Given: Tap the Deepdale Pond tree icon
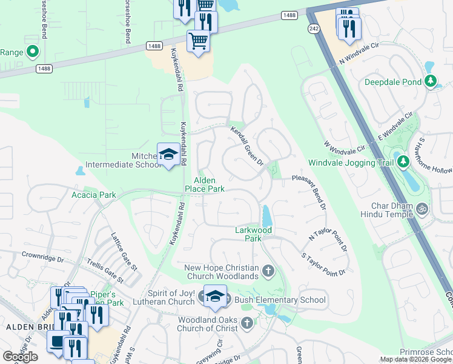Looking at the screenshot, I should pos(431,81).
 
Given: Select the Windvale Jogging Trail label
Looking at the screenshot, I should pos(350,163).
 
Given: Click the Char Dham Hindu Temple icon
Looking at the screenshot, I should pos(423,209).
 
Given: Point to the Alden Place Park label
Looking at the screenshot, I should pos(209,185).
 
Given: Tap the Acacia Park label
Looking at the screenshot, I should pos(93,195).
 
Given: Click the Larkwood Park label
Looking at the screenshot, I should pos(254,234).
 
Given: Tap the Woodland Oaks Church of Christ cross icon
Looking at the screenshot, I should pos(246,323).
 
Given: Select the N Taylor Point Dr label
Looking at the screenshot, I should pos(328,239).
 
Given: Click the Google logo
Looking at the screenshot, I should pos(20,357).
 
